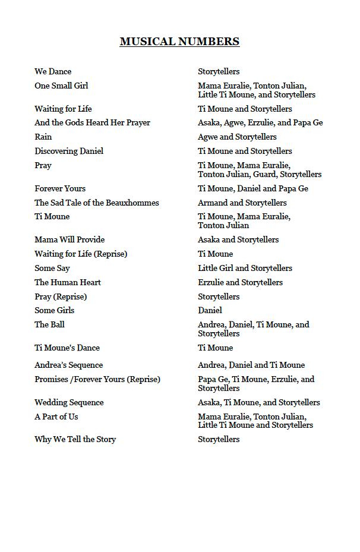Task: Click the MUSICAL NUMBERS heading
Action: [179, 42]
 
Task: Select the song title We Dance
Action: [53, 71]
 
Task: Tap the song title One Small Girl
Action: [61, 86]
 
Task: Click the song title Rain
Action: [43, 137]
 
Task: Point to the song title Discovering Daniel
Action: [69, 151]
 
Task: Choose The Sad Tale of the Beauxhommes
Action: [97, 203]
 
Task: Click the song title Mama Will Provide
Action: [70, 239]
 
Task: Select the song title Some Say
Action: [52, 268]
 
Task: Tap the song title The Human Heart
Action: [68, 282]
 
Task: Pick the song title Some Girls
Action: [55, 310]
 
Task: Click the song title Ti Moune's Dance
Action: [67, 348]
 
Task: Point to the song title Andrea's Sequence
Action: [68, 365]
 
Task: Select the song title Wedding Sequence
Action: [69, 402]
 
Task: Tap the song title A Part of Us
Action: [56, 417]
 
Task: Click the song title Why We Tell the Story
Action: [75, 439]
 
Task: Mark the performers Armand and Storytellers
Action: [242, 203]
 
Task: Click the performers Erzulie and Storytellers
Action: [240, 282]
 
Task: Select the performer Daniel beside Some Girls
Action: [210, 310]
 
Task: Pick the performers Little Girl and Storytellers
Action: [245, 268]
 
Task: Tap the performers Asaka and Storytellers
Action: [238, 239]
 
